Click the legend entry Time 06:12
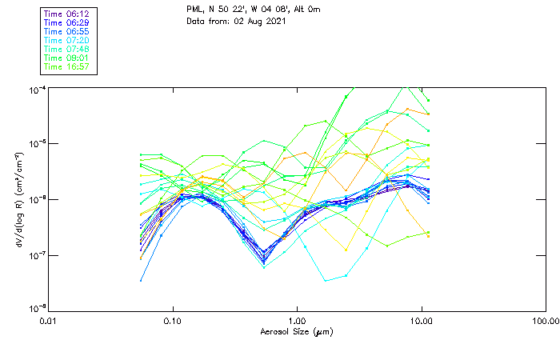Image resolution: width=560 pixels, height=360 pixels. [66, 14]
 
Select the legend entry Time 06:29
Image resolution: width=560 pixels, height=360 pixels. [66, 23]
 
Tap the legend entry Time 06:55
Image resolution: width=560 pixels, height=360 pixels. [66, 32]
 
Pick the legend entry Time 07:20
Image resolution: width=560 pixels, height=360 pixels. [66, 41]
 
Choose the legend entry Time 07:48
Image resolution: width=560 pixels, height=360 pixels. [66, 50]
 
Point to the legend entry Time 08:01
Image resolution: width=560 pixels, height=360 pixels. [66, 58]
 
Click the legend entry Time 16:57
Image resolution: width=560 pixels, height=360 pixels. [66, 67]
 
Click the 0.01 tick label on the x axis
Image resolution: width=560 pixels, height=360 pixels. [49, 322]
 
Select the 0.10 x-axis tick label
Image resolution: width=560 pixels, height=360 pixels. [173, 322]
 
